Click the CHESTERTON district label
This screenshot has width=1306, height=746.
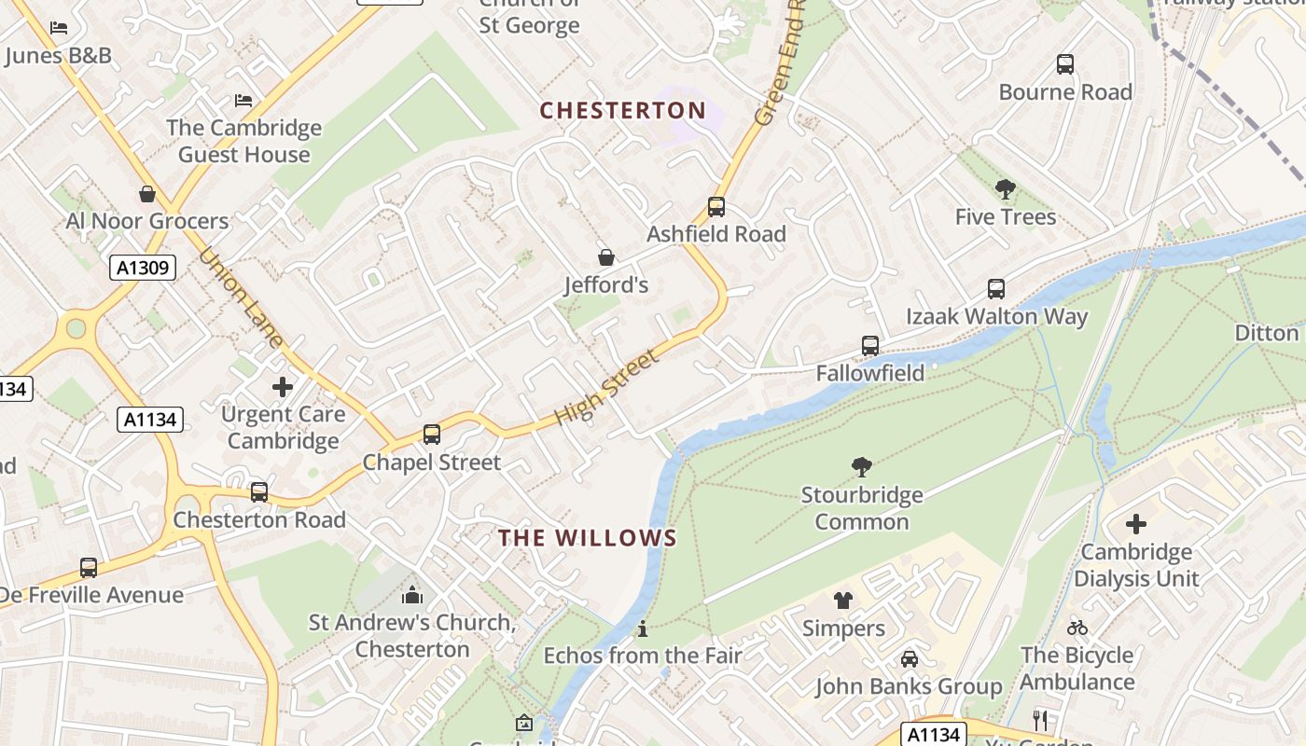click(623, 110)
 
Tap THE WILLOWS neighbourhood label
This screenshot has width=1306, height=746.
click(588, 538)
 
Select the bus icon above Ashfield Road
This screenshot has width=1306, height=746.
click(716, 207)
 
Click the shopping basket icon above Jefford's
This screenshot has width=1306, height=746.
click(606, 256)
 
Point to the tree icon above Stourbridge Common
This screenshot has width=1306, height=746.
click(862, 467)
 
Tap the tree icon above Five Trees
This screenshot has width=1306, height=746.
click(1005, 190)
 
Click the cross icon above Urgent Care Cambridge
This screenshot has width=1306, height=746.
click(283, 386)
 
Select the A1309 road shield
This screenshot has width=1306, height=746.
click(143, 269)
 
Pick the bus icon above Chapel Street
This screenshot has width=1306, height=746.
click(431, 435)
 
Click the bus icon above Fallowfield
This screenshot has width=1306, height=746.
click(870, 346)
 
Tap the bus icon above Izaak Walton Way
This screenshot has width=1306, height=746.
click(996, 289)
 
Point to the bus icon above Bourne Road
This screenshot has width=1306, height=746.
click(1064, 64)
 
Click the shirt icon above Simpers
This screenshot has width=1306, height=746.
click(843, 601)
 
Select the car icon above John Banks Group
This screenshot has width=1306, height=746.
click(909, 659)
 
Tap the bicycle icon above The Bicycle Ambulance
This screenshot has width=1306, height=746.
click(1077, 628)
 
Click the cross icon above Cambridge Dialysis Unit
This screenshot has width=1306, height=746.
click(1135, 524)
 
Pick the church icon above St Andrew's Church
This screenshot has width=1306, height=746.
click(412, 595)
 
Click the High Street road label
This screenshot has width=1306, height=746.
click(607, 387)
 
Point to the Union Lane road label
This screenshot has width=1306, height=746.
click(241, 297)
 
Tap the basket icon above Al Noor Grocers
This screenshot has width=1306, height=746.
click(147, 194)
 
